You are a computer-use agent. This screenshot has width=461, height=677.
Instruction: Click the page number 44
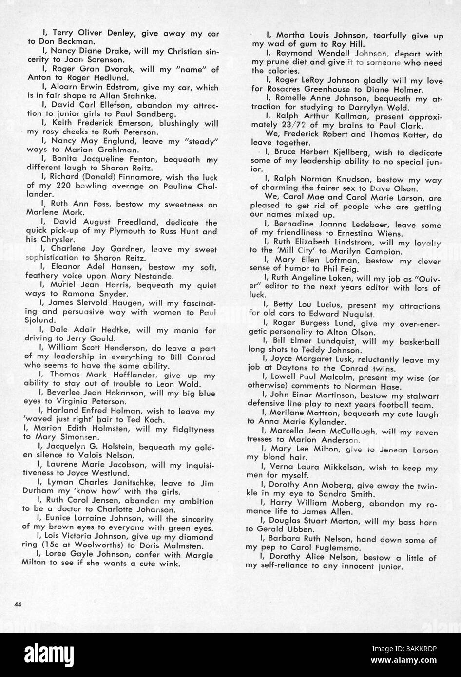[19, 604]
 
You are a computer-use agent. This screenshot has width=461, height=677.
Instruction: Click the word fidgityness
[191, 429]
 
